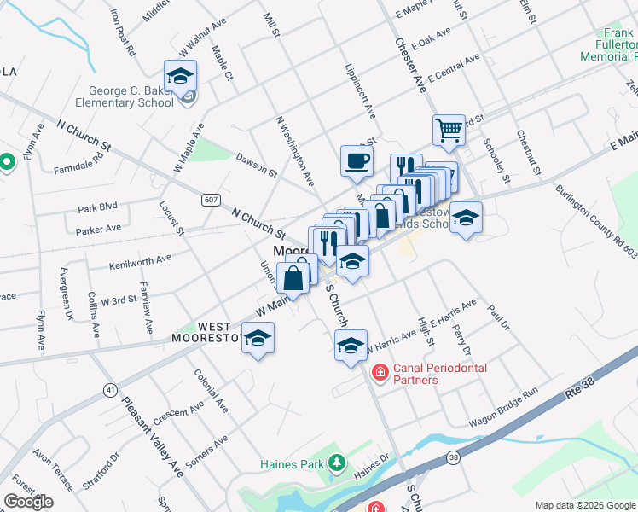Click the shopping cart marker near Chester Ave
tap(448, 131)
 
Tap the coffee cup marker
tap(356, 160)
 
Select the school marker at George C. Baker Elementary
tap(181, 76)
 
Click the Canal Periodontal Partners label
tap(439, 373)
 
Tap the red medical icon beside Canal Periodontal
tap(379, 373)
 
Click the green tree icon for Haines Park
tap(337, 463)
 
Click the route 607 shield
tap(211, 200)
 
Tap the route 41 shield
tap(111, 389)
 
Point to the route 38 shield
tap(452, 458)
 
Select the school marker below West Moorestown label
tap(258, 340)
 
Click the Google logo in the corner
tap(28, 502)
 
